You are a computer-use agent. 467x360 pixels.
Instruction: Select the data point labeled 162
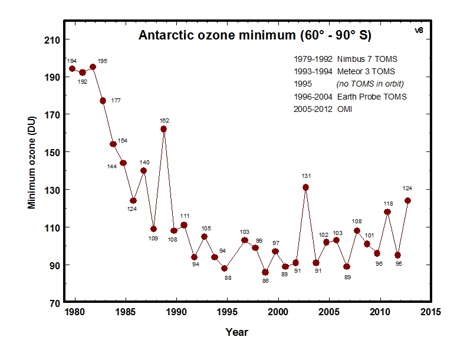coord(163,129)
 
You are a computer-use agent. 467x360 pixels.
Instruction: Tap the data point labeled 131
coord(306,187)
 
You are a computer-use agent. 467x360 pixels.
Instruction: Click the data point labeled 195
coord(93,67)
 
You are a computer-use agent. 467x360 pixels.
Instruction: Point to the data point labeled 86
coord(265,272)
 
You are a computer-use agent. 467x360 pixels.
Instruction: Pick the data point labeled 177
coord(103,101)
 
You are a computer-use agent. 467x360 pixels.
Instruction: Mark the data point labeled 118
coord(387,212)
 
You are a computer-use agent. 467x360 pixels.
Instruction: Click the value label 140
coord(144,162)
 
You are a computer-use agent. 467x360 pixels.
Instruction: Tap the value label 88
coord(228,278)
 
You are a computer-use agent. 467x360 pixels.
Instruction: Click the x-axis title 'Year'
coord(236,332)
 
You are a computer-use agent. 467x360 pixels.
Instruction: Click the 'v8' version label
coord(419,29)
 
